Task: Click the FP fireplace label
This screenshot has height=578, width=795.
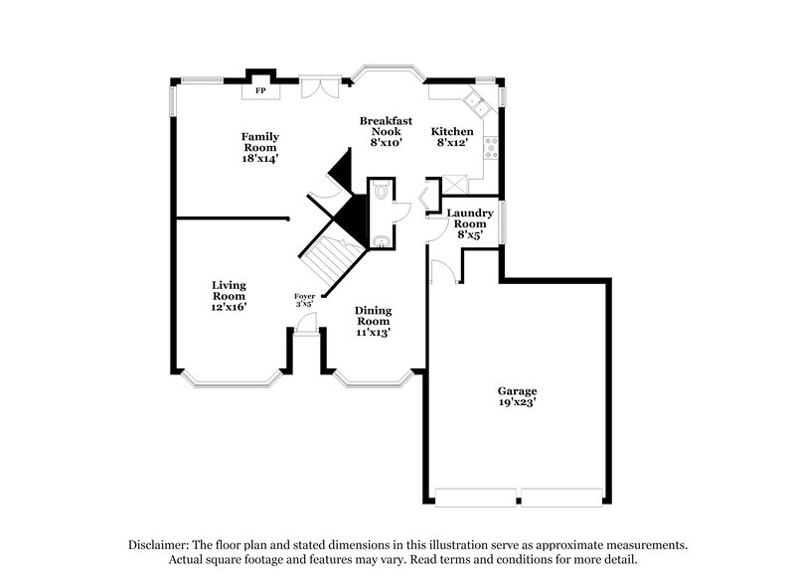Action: click(x=261, y=91)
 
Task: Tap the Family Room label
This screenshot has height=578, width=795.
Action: click(x=261, y=147)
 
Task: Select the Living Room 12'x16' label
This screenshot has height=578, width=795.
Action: click(x=229, y=296)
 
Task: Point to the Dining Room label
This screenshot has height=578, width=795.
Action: click(x=374, y=322)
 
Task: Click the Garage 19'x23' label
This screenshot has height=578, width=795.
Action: click(x=518, y=397)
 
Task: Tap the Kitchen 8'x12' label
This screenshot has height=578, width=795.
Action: click(x=451, y=137)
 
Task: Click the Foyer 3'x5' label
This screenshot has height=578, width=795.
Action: click(x=305, y=300)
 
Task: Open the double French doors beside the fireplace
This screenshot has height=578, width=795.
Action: click(x=320, y=87)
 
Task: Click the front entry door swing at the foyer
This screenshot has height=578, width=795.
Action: click(x=309, y=324)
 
